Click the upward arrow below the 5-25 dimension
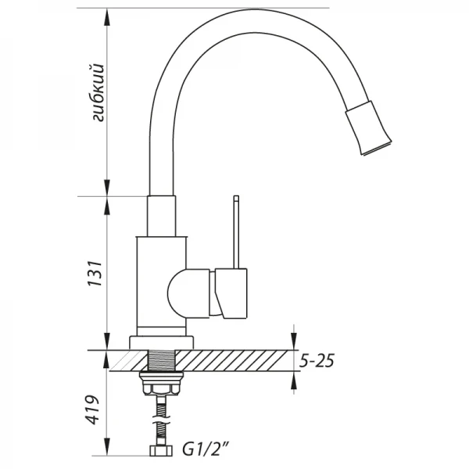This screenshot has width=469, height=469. (294, 381)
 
